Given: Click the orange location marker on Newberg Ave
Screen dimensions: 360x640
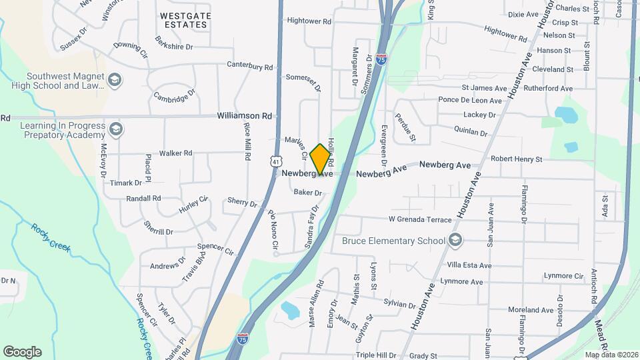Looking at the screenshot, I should click(321, 159).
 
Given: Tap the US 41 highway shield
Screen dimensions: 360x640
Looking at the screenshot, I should click(276, 161).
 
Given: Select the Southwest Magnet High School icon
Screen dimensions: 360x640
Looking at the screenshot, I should click(115, 81).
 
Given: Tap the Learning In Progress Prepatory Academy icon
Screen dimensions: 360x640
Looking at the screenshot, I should click(116, 129).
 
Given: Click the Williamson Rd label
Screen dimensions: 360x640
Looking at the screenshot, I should click(245, 116).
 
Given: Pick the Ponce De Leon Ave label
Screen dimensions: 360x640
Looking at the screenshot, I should click(469, 101).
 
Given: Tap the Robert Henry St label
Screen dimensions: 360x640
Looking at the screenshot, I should click(516, 159).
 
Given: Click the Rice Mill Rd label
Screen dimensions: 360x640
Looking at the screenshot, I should click(247, 141).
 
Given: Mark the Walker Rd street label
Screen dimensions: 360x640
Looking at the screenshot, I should click(176, 153).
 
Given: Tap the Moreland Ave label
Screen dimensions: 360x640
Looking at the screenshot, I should click(531, 310).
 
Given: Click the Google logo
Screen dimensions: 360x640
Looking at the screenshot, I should click(22, 351).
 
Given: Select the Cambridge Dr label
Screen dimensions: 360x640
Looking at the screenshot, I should click(175, 95).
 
